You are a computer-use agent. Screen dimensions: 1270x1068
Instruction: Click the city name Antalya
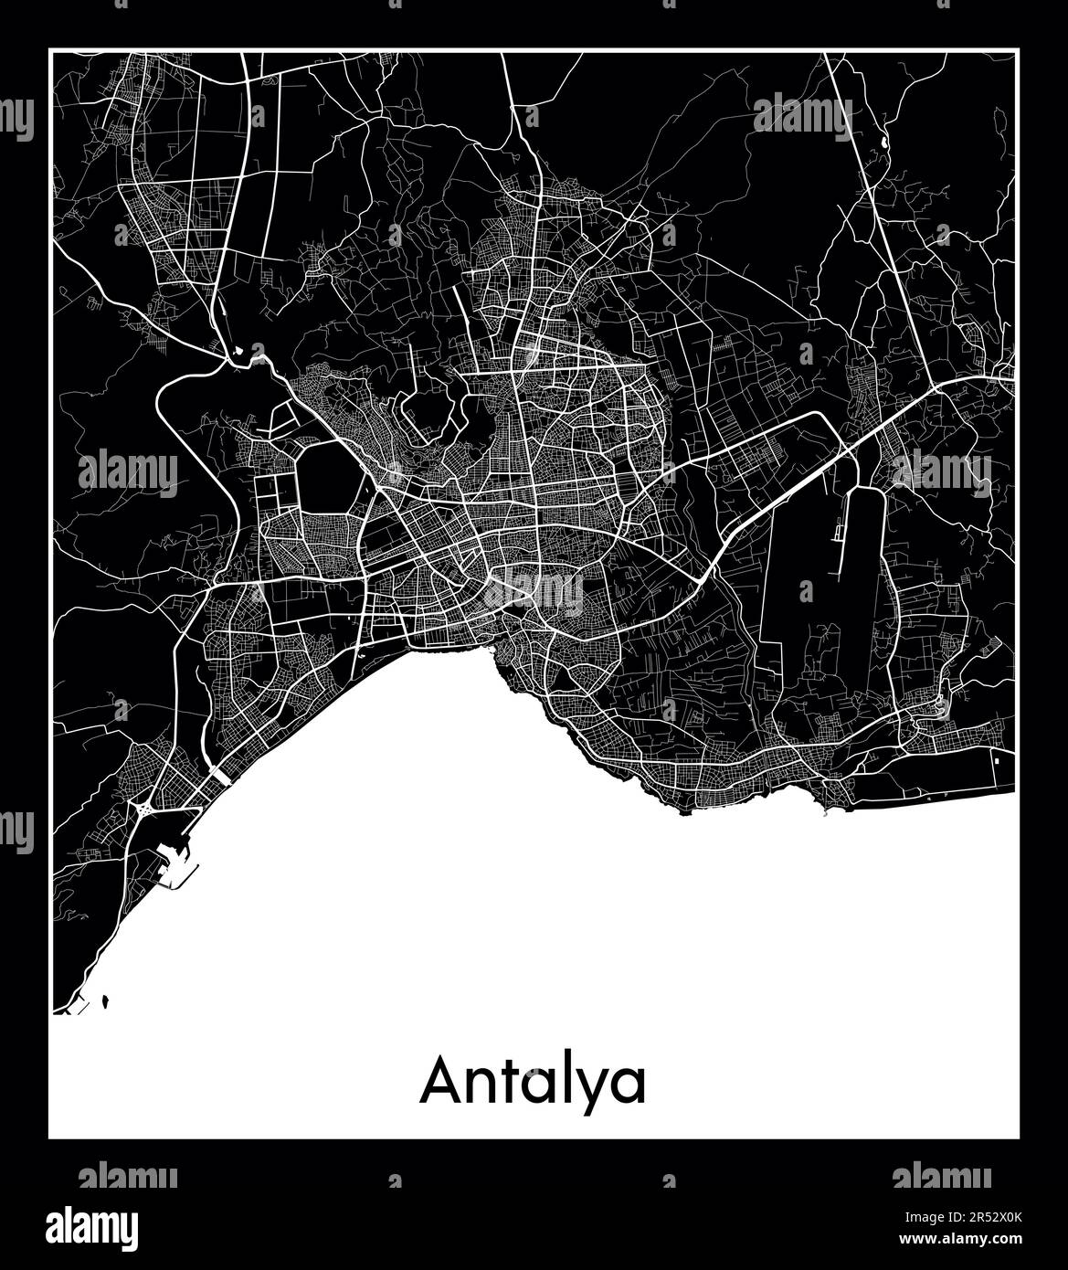pos(533,1084)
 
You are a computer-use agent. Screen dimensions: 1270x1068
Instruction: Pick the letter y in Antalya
pos(590,1091)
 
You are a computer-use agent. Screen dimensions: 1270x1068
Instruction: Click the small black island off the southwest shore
pos(108,1002)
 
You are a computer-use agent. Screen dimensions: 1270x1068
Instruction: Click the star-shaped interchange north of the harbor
pos(145,810)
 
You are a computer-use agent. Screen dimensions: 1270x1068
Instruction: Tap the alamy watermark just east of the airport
pos(941,471)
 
